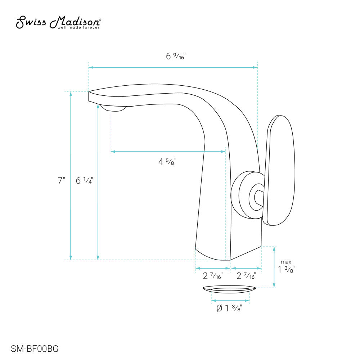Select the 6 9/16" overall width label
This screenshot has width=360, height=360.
(x=175, y=56)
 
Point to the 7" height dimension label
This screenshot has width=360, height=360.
(x=61, y=181)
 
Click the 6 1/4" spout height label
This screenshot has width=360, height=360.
(x=84, y=181)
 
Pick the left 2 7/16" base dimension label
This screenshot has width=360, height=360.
(x=213, y=276)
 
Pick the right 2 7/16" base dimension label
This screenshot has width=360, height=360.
(x=246, y=276)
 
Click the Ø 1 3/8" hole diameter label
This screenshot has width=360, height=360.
(x=229, y=309)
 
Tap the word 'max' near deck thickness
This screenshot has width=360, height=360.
(x=286, y=262)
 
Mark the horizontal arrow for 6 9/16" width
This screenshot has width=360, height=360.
(x=173, y=67)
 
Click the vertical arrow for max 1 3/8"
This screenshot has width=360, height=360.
(x=274, y=267)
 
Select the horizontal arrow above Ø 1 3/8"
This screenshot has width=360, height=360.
(x=230, y=300)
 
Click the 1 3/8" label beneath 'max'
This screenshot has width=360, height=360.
(x=286, y=270)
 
